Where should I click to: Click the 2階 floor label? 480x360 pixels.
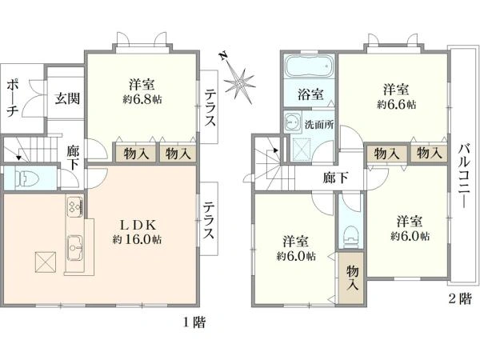458,298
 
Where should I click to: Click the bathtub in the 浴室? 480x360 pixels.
309,67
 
